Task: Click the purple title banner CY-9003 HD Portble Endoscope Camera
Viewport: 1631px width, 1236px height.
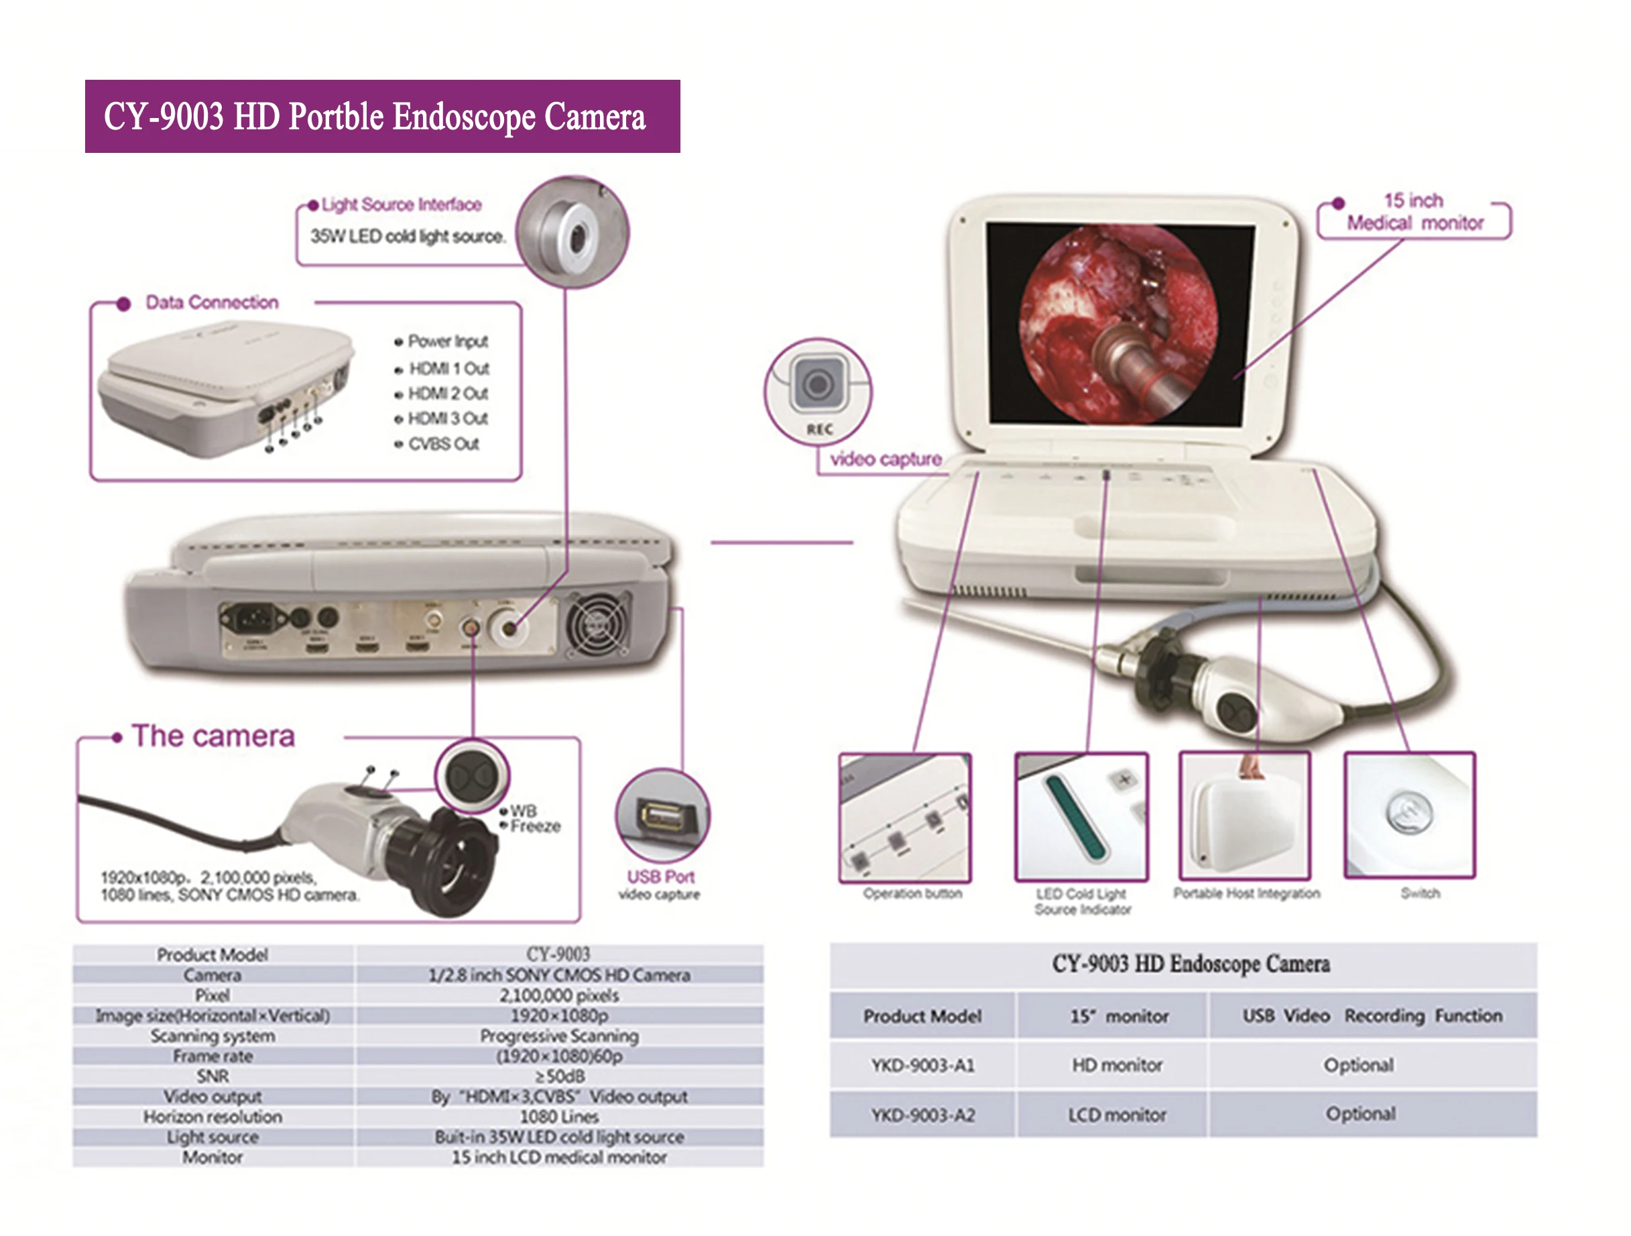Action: [382, 117]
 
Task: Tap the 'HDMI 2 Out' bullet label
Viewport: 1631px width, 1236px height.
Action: [448, 394]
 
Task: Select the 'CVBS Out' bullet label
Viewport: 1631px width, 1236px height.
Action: [443, 444]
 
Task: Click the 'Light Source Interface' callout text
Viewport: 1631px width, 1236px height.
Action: [401, 205]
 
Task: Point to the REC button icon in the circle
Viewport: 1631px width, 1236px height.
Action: [818, 384]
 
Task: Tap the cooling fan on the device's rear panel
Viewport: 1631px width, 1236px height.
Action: [597, 624]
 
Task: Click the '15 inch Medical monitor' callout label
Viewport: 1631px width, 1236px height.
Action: [1414, 212]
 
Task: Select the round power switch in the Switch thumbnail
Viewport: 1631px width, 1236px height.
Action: [1409, 812]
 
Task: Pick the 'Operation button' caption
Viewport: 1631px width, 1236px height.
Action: [912, 894]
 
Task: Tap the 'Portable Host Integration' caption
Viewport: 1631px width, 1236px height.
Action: [1246, 894]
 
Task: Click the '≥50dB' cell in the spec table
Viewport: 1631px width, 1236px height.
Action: [559, 1076]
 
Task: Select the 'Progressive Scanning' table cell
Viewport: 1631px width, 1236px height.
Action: [559, 1035]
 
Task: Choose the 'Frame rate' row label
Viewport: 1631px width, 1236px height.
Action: [213, 1056]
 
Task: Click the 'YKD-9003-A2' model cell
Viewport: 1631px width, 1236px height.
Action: [922, 1115]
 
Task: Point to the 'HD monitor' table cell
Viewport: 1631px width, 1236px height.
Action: [1116, 1066]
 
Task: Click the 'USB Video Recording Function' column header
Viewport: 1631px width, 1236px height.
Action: [1372, 1016]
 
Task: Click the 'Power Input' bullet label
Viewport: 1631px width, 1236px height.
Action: [448, 341]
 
